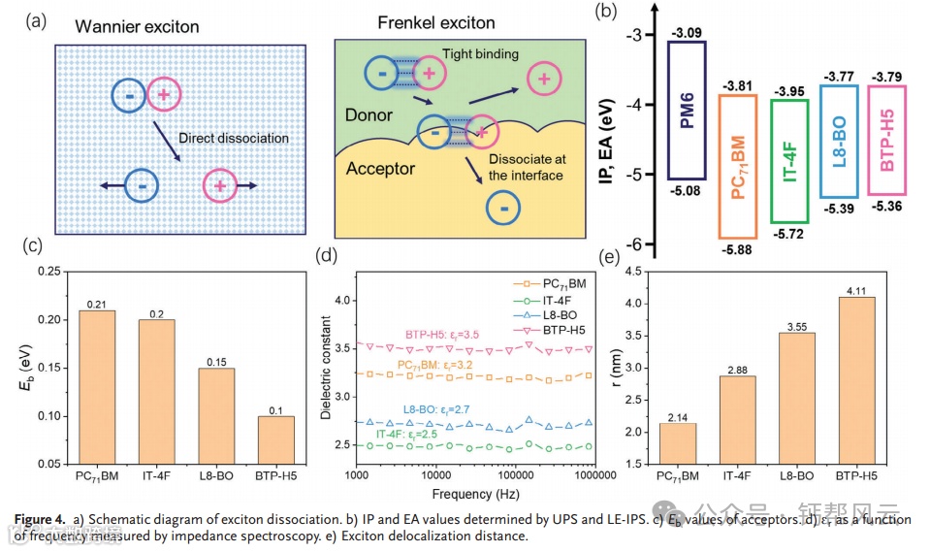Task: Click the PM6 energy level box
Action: click(x=686, y=110)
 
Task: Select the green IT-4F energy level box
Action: click(x=788, y=161)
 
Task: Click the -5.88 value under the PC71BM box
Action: click(x=737, y=248)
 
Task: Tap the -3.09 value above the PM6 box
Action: click(x=685, y=33)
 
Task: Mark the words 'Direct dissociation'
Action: click(x=233, y=139)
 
